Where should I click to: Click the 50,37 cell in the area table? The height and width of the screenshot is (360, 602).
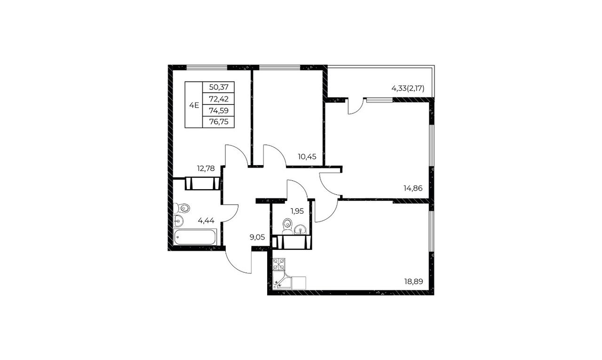219,87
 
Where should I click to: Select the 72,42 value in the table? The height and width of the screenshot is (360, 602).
219,99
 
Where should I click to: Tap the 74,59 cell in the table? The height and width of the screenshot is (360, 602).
219,111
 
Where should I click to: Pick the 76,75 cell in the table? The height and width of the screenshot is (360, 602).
219,122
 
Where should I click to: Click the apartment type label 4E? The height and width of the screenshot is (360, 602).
194,105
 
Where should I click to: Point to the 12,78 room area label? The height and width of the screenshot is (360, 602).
206,168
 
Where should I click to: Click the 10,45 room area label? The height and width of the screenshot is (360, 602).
307,157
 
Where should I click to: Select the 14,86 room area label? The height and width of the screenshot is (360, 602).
413,188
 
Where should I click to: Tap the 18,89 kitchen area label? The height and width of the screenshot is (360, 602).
413,281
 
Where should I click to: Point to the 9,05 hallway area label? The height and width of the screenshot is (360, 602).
257,237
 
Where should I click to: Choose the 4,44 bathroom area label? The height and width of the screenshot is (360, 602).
206,221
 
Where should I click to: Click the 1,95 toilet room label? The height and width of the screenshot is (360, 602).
297,211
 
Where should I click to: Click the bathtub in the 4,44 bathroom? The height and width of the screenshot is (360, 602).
195,237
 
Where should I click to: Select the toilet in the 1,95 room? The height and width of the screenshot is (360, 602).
287,226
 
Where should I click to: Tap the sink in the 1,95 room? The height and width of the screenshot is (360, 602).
300,229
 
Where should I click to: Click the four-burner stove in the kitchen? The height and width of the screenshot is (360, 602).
279,264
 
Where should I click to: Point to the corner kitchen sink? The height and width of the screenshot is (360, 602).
281,280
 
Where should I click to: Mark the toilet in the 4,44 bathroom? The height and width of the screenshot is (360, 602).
182,208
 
